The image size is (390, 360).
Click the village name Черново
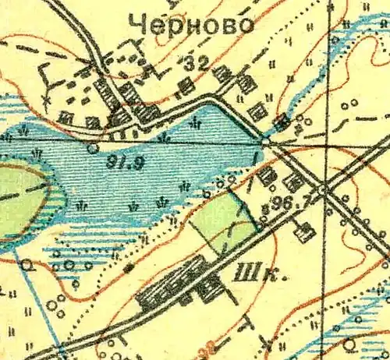coord(193,25)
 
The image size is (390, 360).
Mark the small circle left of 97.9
coord(93,146)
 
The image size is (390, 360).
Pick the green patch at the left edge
coord(19,199)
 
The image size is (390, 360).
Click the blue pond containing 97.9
coord(156,175)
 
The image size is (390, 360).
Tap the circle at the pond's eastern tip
coord(265,141)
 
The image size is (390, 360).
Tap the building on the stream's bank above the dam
coord(282,120)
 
